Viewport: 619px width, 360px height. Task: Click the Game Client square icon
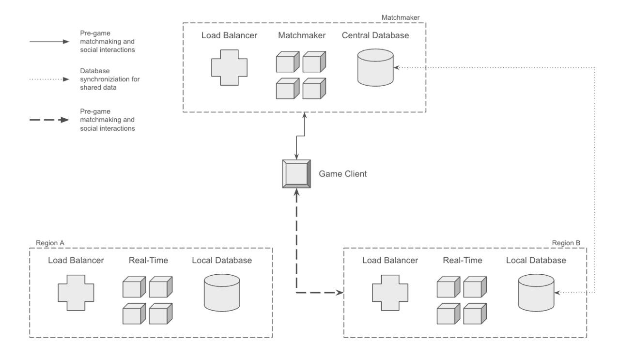(296, 173)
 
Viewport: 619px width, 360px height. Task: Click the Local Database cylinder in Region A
(222, 293)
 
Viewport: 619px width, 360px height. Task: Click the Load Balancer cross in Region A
(76, 293)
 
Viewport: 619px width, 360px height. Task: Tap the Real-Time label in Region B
(463, 261)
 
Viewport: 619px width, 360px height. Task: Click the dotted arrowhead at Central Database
(397, 68)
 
